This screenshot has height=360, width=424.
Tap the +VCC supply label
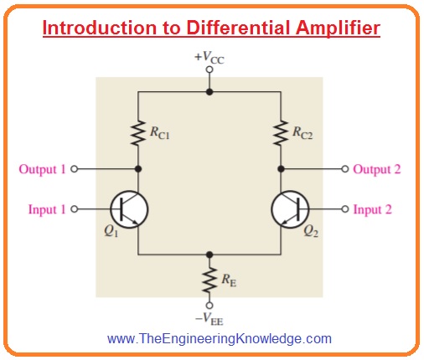click(209, 58)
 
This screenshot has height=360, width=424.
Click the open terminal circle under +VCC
click(209, 69)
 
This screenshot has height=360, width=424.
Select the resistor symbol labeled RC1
click(138, 133)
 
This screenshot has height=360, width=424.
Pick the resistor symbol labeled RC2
click(281, 133)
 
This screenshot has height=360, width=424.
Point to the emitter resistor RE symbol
click(209, 280)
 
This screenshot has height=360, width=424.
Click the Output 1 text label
click(42, 169)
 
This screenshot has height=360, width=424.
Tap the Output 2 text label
click(377, 169)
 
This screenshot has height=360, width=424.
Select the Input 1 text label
click(47, 209)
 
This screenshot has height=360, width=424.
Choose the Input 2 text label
click(373, 209)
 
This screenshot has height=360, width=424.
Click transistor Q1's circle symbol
click(129, 191)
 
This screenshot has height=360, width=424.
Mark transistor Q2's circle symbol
click(290, 191)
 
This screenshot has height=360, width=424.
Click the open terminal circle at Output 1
click(74, 169)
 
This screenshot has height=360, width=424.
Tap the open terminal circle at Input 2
click(345, 209)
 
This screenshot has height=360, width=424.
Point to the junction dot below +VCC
click(209, 91)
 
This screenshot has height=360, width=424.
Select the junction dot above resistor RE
click(209, 255)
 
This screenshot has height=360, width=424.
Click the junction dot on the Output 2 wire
click(281, 169)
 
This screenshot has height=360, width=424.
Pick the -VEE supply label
click(209, 319)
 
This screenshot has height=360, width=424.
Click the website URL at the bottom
click(220, 338)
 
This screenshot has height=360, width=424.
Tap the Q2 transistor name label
click(311, 231)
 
